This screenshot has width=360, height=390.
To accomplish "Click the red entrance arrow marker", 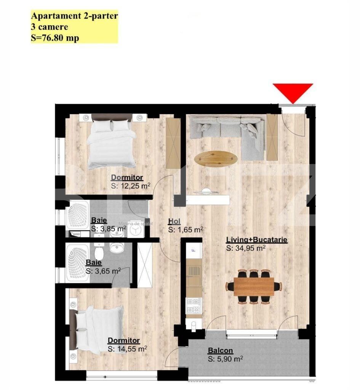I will (293, 91).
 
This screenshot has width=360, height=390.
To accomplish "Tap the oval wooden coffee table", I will (216, 158).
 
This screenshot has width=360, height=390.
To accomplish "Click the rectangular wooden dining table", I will (254, 286).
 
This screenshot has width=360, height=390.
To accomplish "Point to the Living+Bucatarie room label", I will (256, 240).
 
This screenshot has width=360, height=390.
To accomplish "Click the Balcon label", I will (220, 351).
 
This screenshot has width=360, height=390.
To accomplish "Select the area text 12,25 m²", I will (131, 186).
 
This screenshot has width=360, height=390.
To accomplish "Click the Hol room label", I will (174, 222).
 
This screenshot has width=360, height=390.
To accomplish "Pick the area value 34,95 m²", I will (246, 248).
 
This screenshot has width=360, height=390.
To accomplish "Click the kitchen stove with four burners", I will (193, 305).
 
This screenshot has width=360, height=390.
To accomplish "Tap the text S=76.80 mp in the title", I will (55, 38).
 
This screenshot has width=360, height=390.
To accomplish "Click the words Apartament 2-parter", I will (74, 16).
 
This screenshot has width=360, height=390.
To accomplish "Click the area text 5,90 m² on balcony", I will (226, 359).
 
